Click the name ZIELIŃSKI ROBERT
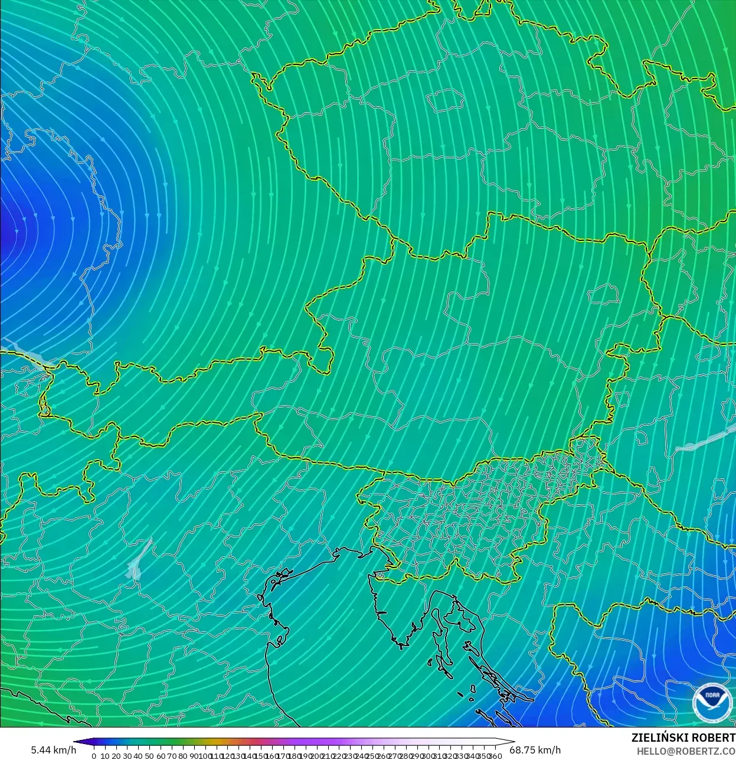pos(683,738)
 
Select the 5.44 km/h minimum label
pos(53,750)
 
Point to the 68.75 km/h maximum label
pos(535,750)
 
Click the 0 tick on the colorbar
pos(94,756)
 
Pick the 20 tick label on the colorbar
pos(116,756)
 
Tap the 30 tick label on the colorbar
pos(127,756)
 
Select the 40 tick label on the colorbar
pos(138,756)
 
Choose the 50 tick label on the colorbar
pos(149,756)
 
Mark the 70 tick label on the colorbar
pos(172,756)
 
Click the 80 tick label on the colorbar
pos(183,756)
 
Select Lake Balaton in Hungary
pos(702,440)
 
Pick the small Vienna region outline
pos(603,292)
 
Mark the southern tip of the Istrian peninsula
pos(402,646)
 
